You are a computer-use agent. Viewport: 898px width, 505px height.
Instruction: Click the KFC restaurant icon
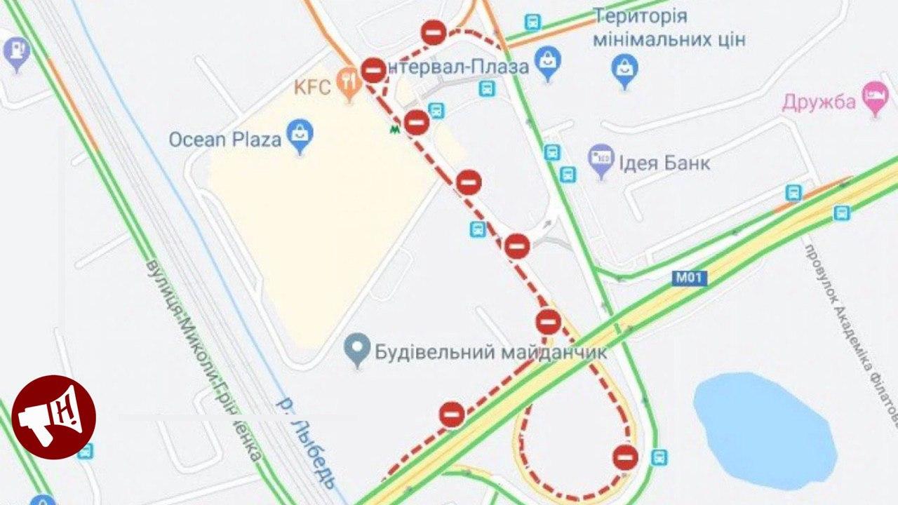point(348,83)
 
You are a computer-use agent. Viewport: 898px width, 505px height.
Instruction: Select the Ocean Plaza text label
point(224,139)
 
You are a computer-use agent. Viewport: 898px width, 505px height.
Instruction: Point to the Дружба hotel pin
point(875,100)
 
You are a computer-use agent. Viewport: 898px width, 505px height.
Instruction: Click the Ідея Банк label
point(664,163)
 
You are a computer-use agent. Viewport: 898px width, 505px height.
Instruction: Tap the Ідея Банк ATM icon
point(601,160)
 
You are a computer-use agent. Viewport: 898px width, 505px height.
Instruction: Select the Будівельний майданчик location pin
point(358,349)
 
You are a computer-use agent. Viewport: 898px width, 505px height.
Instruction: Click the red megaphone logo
point(54,417)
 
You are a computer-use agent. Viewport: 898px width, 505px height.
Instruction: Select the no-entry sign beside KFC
point(373,70)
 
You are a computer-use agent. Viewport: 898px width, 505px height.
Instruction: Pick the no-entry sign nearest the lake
point(624,457)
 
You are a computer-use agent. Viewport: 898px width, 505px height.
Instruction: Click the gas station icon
point(15,50)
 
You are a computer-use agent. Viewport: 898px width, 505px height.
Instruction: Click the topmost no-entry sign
point(434,33)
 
